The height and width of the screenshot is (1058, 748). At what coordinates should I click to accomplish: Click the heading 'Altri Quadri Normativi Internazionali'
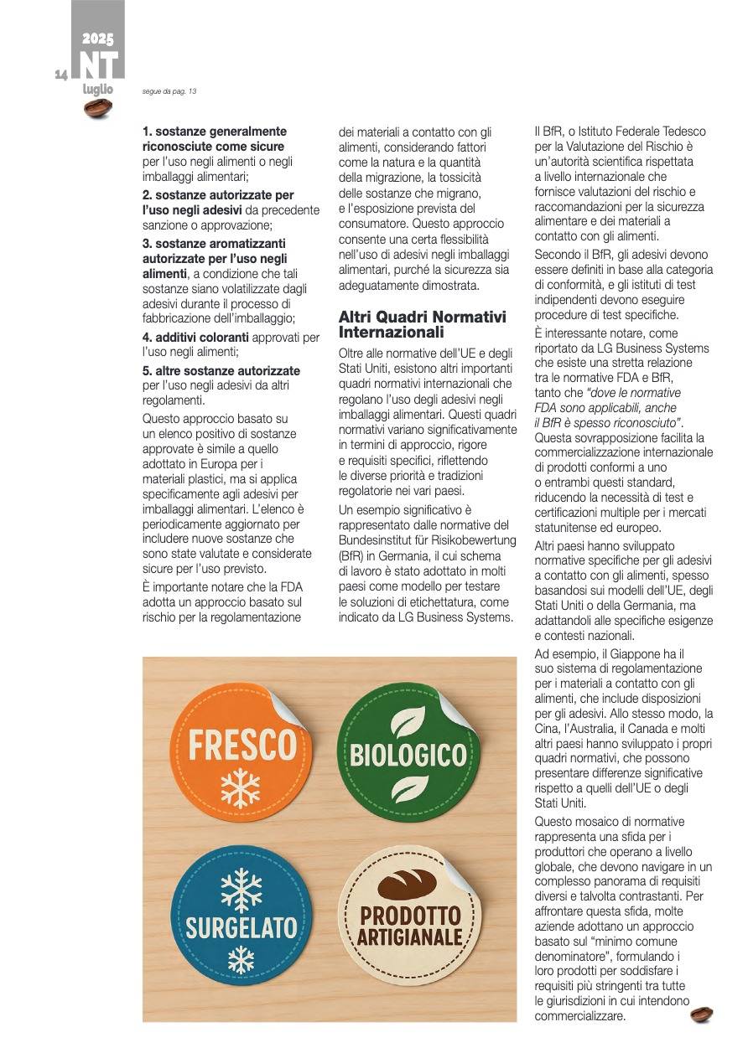pyautogui.click(x=422, y=324)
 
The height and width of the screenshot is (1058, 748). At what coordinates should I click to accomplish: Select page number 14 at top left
pyautogui.click(x=60, y=75)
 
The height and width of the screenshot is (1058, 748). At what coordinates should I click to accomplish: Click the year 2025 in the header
pyautogui.click(x=98, y=39)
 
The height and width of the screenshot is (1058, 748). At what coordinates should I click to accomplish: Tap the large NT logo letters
pyautogui.click(x=98, y=65)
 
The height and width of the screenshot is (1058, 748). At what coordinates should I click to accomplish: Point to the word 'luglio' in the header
pyautogui.click(x=97, y=90)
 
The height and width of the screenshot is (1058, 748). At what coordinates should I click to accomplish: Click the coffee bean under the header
pyautogui.click(x=98, y=108)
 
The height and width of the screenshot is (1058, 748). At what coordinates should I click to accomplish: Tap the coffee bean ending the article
pyautogui.click(x=701, y=1015)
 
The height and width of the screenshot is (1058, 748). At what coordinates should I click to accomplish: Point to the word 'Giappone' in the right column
pyautogui.click(x=612, y=653)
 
